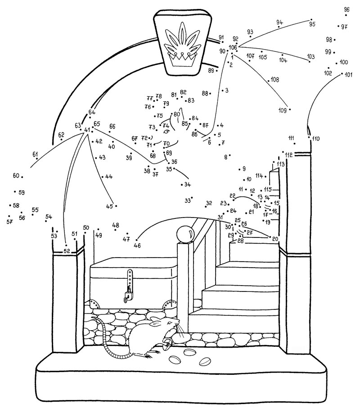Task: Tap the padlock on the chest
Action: [x=128, y=295]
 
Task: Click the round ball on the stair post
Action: [x=185, y=234]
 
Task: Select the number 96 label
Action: [x=346, y=9]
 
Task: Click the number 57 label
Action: [x=9, y=222]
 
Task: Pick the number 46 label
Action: [x=137, y=245]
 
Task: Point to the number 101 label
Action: [x=349, y=75]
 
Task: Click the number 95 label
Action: [x=312, y=24]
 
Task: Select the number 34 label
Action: [x=187, y=185]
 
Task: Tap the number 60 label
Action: [x=16, y=176]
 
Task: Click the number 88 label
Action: [x=205, y=93]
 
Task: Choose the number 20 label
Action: [x=275, y=239]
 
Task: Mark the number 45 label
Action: [x=109, y=206]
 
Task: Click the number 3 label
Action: [x=226, y=91]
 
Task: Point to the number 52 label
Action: [x=67, y=250]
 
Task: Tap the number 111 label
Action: [x=291, y=138]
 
